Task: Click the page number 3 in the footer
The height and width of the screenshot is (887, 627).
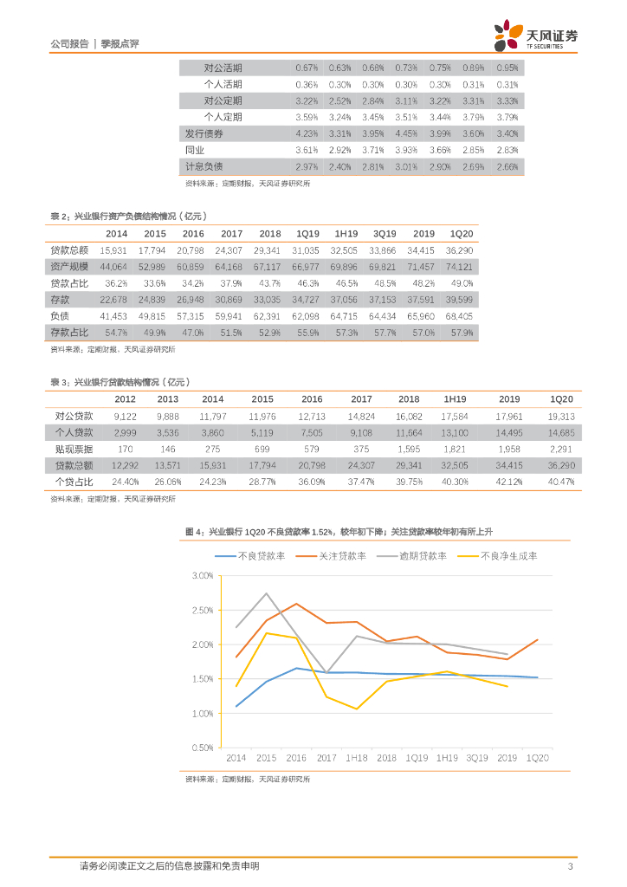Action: pos(569,866)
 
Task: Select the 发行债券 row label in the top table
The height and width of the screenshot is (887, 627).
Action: pos(204,133)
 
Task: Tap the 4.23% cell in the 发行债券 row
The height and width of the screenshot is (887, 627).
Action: pos(306,133)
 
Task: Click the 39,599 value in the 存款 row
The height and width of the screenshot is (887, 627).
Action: pos(460,300)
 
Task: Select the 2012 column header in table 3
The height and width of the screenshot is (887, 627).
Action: pos(125,399)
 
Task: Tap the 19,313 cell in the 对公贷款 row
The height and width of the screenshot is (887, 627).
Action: pos(562,416)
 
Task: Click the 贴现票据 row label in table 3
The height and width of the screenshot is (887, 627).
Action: pos(74,449)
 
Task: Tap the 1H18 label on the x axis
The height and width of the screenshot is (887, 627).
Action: pos(356,758)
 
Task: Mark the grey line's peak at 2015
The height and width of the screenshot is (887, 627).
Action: pos(266,593)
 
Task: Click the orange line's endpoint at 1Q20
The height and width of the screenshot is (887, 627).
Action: pos(537,640)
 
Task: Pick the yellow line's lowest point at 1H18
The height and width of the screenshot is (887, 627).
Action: pos(356,709)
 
